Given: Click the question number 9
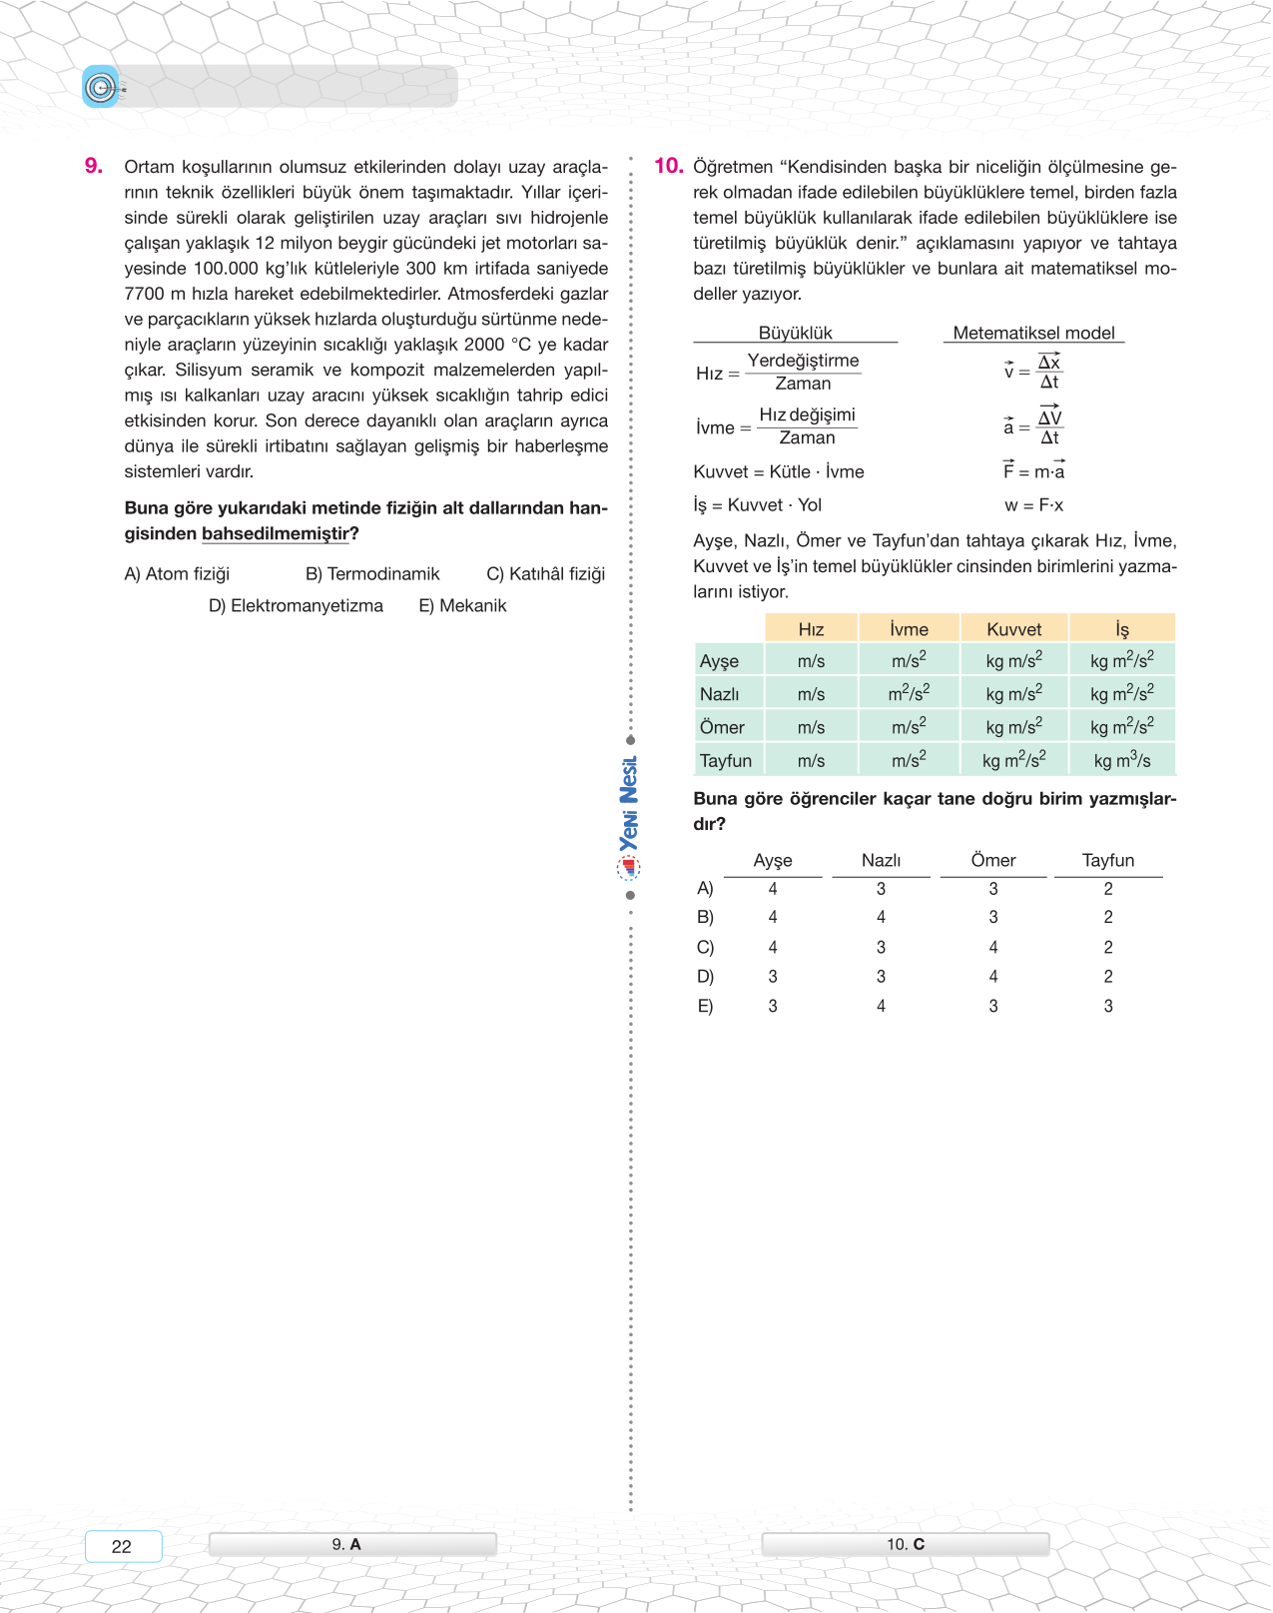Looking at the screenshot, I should click(x=94, y=166).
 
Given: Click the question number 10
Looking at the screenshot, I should click(x=668, y=166).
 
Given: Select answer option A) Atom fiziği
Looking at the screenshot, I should click(x=177, y=574).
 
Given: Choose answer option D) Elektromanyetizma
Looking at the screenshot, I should click(x=296, y=606).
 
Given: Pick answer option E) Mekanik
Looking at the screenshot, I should click(x=462, y=606).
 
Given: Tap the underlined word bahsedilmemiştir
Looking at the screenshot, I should click(x=276, y=534).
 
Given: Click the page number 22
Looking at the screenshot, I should click(x=122, y=1546).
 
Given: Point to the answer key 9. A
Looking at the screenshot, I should click(x=346, y=1544).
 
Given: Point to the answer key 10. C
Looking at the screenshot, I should click(x=906, y=1544).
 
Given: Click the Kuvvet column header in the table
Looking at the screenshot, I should click(x=1013, y=629).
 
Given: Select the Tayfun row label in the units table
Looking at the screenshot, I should click(x=726, y=761).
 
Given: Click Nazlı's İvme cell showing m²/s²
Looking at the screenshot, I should click(x=909, y=693).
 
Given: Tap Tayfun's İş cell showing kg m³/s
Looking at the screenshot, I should click(x=1121, y=761).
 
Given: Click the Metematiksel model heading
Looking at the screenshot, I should click(x=1033, y=334).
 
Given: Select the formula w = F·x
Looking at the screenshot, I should click(x=1033, y=505).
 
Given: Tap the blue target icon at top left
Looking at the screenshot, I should click(x=100, y=88).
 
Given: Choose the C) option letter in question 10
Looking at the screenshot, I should click(x=705, y=947).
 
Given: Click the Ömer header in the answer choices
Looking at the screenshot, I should click(x=992, y=861).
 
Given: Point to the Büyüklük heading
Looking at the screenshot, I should click(x=795, y=334).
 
